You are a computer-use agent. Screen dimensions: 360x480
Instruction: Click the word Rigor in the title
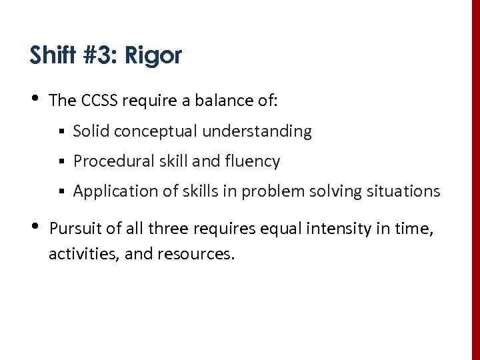160,55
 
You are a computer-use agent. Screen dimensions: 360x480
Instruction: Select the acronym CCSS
100,101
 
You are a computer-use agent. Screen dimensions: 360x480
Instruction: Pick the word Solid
91,131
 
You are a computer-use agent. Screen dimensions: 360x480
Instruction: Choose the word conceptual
156,132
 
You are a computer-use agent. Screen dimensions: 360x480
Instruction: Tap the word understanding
257,132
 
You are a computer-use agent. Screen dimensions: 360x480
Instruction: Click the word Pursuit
75,229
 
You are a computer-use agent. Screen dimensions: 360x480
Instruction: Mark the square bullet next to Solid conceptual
61,132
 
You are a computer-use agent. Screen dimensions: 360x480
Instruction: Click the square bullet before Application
61,192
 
